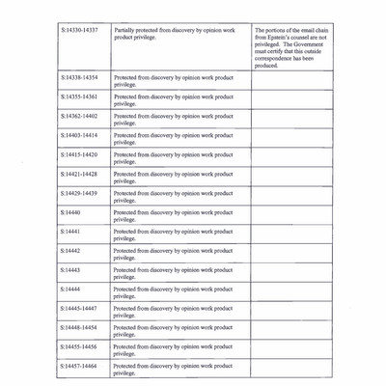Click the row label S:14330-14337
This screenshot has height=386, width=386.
(78, 30)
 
